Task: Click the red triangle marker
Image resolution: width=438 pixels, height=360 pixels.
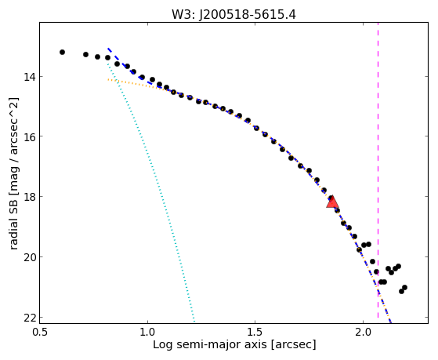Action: coord(332,202)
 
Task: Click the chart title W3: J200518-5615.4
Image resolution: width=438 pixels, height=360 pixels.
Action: coord(233,15)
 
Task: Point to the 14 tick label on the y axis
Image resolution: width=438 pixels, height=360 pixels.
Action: coord(30,76)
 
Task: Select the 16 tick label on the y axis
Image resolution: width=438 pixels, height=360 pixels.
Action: coord(30,136)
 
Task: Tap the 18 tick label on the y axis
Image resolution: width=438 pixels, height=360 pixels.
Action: coord(30,196)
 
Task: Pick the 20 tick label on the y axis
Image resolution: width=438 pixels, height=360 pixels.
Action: coord(30,256)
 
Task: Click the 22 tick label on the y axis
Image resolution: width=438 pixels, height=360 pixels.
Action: coord(30,317)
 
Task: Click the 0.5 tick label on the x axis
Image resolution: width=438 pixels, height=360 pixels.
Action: coord(40,332)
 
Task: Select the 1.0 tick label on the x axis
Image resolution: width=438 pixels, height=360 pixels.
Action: coord(147,332)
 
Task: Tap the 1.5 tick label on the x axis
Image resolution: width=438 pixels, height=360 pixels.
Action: coord(255,332)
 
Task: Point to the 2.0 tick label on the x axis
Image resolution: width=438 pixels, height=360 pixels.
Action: coord(363,332)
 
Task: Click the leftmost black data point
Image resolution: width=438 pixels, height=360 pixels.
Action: coord(63,52)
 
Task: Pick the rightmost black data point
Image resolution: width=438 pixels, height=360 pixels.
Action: coord(404,287)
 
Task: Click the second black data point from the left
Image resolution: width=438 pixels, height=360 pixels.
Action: coord(85,54)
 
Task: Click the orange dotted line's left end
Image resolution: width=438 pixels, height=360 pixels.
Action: coord(108,80)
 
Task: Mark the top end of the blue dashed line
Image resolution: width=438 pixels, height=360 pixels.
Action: coord(108,49)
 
